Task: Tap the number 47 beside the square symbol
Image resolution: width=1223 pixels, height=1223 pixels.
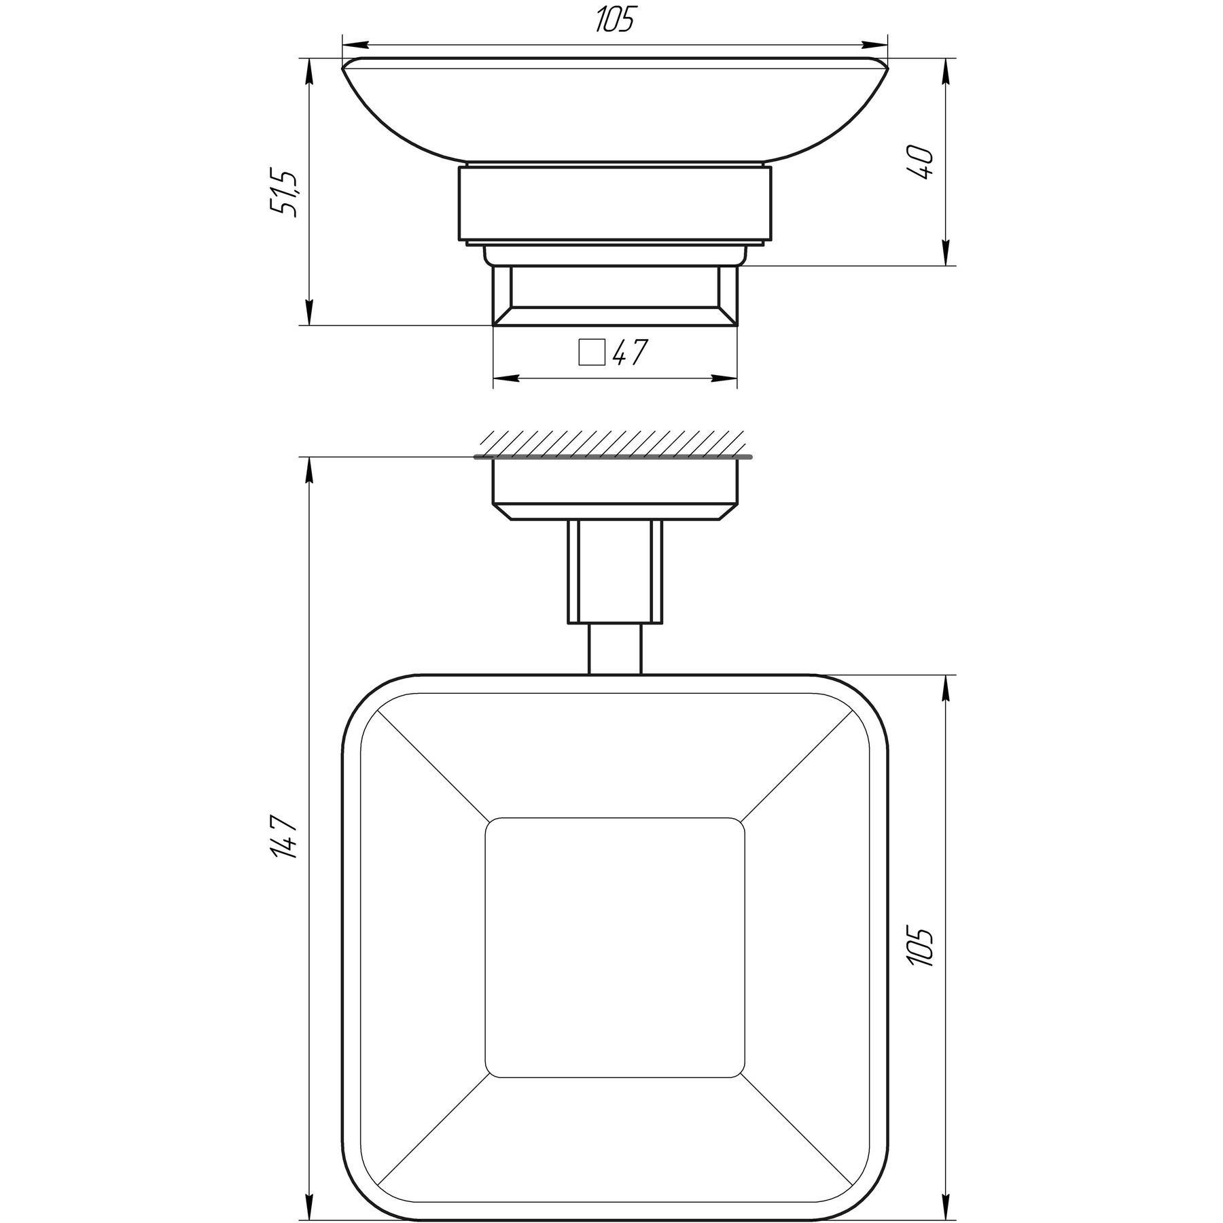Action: point(630,352)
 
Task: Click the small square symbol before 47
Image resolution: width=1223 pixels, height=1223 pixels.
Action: point(591,353)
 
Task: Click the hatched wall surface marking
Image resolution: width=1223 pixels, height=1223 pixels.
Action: point(611,442)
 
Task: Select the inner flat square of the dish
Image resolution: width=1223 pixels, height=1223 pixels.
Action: point(614,948)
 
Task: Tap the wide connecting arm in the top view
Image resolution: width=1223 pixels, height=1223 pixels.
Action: point(615,571)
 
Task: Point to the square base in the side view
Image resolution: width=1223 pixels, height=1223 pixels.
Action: point(615,296)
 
